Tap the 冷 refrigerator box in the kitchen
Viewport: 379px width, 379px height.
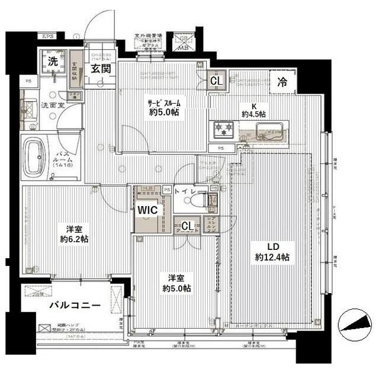click(283, 83)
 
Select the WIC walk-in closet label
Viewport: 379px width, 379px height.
click(148, 210)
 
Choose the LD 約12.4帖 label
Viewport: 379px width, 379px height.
click(272, 252)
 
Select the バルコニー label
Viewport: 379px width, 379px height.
click(74, 306)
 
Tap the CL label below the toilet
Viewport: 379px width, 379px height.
click(187, 226)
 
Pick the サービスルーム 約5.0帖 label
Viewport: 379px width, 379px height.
click(164, 107)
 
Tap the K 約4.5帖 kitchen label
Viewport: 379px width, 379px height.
click(253, 107)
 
